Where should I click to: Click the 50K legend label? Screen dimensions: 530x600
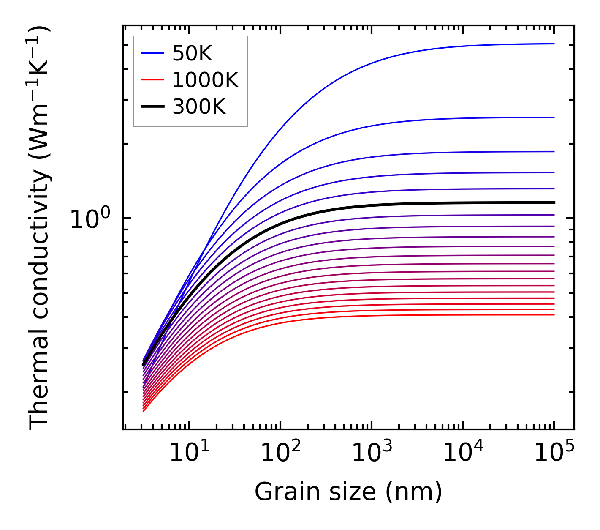(x=192, y=54)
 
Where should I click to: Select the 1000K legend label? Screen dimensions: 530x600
(x=205, y=80)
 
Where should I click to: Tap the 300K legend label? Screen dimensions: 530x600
(x=199, y=107)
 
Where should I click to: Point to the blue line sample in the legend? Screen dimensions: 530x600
(x=152, y=53)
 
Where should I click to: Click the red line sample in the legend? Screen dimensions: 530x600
(x=152, y=80)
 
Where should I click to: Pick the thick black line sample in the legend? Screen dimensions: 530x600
(x=152, y=107)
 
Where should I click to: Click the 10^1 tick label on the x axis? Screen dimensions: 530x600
(x=189, y=453)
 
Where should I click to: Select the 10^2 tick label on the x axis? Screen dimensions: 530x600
(x=280, y=453)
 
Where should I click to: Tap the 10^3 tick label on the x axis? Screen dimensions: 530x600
(x=371, y=453)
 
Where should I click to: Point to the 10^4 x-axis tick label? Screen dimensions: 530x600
(x=463, y=453)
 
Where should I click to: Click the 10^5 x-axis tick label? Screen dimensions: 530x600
(x=554, y=453)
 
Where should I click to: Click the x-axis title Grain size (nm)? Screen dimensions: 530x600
(x=348, y=492)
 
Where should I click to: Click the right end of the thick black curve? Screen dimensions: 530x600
(x=554, y=203)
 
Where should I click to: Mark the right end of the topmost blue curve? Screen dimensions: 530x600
(x=554, y=44)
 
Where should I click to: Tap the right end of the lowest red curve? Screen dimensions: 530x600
(x=554, y=315)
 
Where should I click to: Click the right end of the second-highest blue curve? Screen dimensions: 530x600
(x=554, y=117)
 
